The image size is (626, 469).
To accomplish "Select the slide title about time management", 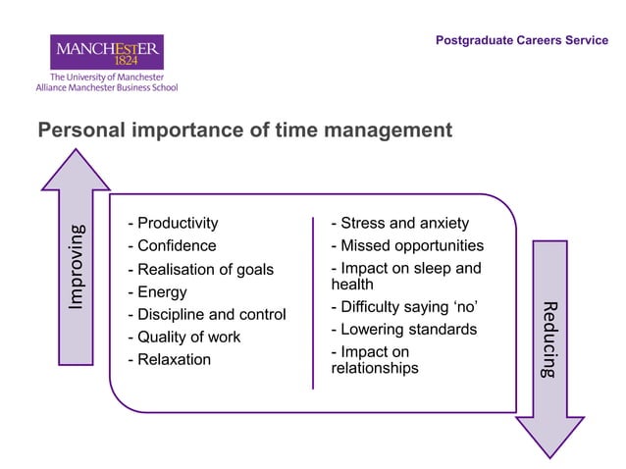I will coord(244,130).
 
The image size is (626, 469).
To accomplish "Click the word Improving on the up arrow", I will coord(77,267).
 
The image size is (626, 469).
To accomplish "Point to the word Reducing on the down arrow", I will coord(549,339).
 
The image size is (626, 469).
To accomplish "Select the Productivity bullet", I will coord(173,224).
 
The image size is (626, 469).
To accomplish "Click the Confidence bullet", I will coord(172,246).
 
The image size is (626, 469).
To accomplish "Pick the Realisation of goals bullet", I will coord(200,270).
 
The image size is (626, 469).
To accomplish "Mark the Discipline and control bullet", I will coord(206,315).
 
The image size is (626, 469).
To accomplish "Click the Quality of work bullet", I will coord(183,338).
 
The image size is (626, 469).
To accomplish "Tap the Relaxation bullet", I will coord(169,360).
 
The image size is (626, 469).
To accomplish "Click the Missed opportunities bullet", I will coord(406,246).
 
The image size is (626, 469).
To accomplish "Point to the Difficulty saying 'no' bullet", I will coord(403,307).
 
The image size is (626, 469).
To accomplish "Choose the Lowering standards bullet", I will coord(403,330).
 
